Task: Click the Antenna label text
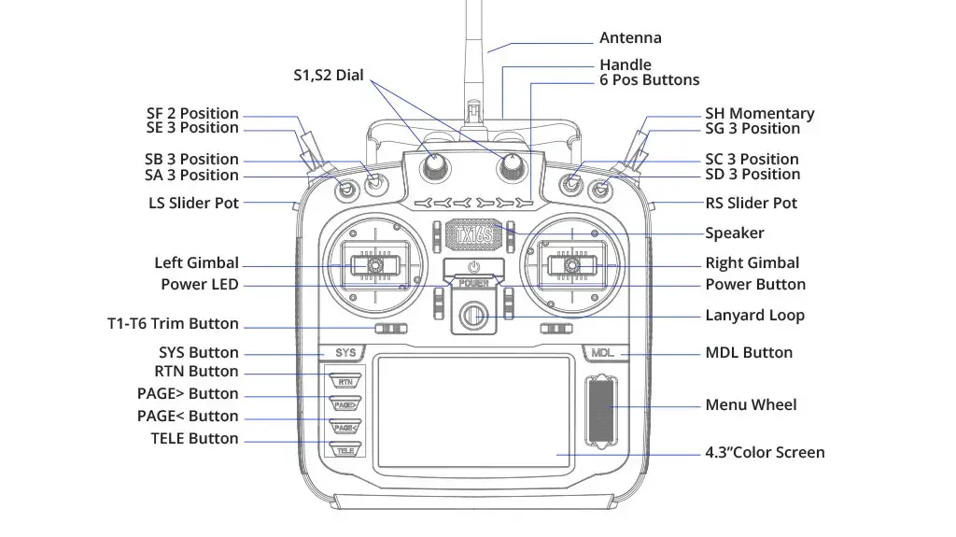[630, 38]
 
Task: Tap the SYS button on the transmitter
[345, 353]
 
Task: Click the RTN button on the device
[345, 381]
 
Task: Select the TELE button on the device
[345, 449]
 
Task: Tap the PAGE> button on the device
[345, 404]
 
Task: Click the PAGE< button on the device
[345, 427]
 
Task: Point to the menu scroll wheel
[600, 411]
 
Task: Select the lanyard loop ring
[473, 315]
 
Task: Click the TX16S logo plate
[472, 233]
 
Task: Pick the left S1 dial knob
[435, 165]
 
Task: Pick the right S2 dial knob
[511, 165]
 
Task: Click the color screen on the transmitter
[473, 411]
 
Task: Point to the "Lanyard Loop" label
[754, 316]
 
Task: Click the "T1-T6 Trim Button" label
[173, 324]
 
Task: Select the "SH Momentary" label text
[759, 114]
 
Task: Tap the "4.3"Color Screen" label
[765, 453]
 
